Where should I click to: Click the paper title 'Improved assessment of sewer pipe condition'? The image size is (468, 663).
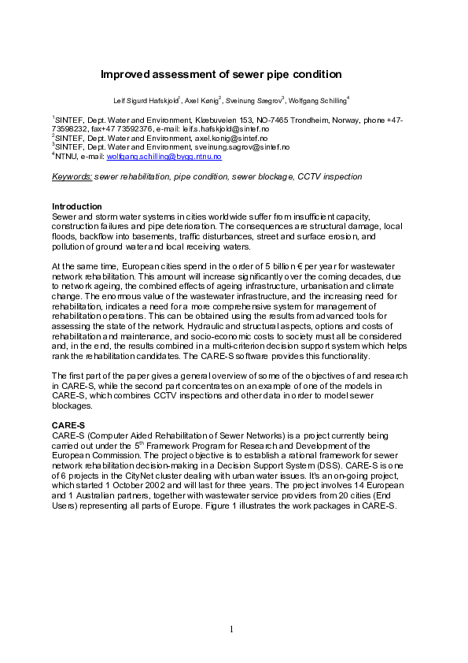point(221,75)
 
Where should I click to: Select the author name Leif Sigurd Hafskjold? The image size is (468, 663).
point(147,102)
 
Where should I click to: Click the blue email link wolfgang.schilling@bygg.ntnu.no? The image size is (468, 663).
point(171,157)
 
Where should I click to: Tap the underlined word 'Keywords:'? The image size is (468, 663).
point(72,176)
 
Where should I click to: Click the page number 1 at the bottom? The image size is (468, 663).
point(233,628)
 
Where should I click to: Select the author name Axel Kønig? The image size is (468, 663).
point(203,102)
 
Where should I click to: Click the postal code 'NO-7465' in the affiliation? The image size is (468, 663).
point(259,120)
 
